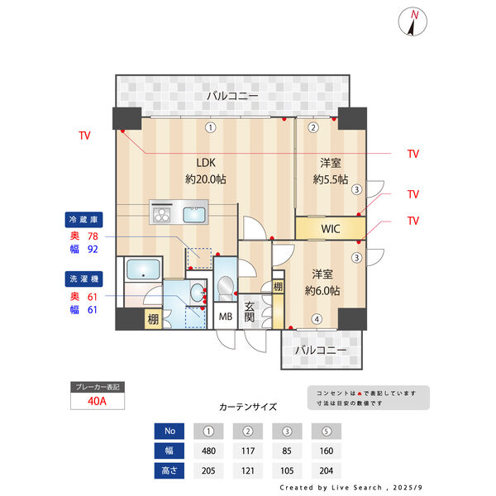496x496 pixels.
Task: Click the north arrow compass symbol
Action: [413, 21]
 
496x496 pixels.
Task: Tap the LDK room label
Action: [206, 163]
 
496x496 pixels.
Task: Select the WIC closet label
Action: [331, 229]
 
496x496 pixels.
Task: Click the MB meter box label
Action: [226, 316]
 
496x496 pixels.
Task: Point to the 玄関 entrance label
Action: [250, 312]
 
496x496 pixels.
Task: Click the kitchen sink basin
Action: [194, 214]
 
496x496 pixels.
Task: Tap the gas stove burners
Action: [162, 214]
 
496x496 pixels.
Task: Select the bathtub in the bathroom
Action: [143, 269]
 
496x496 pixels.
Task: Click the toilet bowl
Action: [225, 286]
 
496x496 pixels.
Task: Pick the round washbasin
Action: [198, 293]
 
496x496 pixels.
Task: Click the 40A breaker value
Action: [97, 401]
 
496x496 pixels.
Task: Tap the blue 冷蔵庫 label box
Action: [83, 220]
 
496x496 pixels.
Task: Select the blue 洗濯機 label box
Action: [83, 279]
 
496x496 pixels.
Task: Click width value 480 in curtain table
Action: [208, 451]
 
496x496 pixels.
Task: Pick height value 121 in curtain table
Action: [248, 470]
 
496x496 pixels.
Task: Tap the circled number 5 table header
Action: [327, 432]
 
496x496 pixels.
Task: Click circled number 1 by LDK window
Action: [211, 127]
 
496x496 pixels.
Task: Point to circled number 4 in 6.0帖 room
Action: [317, 319]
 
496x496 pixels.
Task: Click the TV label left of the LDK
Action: [85, 136]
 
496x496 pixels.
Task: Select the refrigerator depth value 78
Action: [93, 236]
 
